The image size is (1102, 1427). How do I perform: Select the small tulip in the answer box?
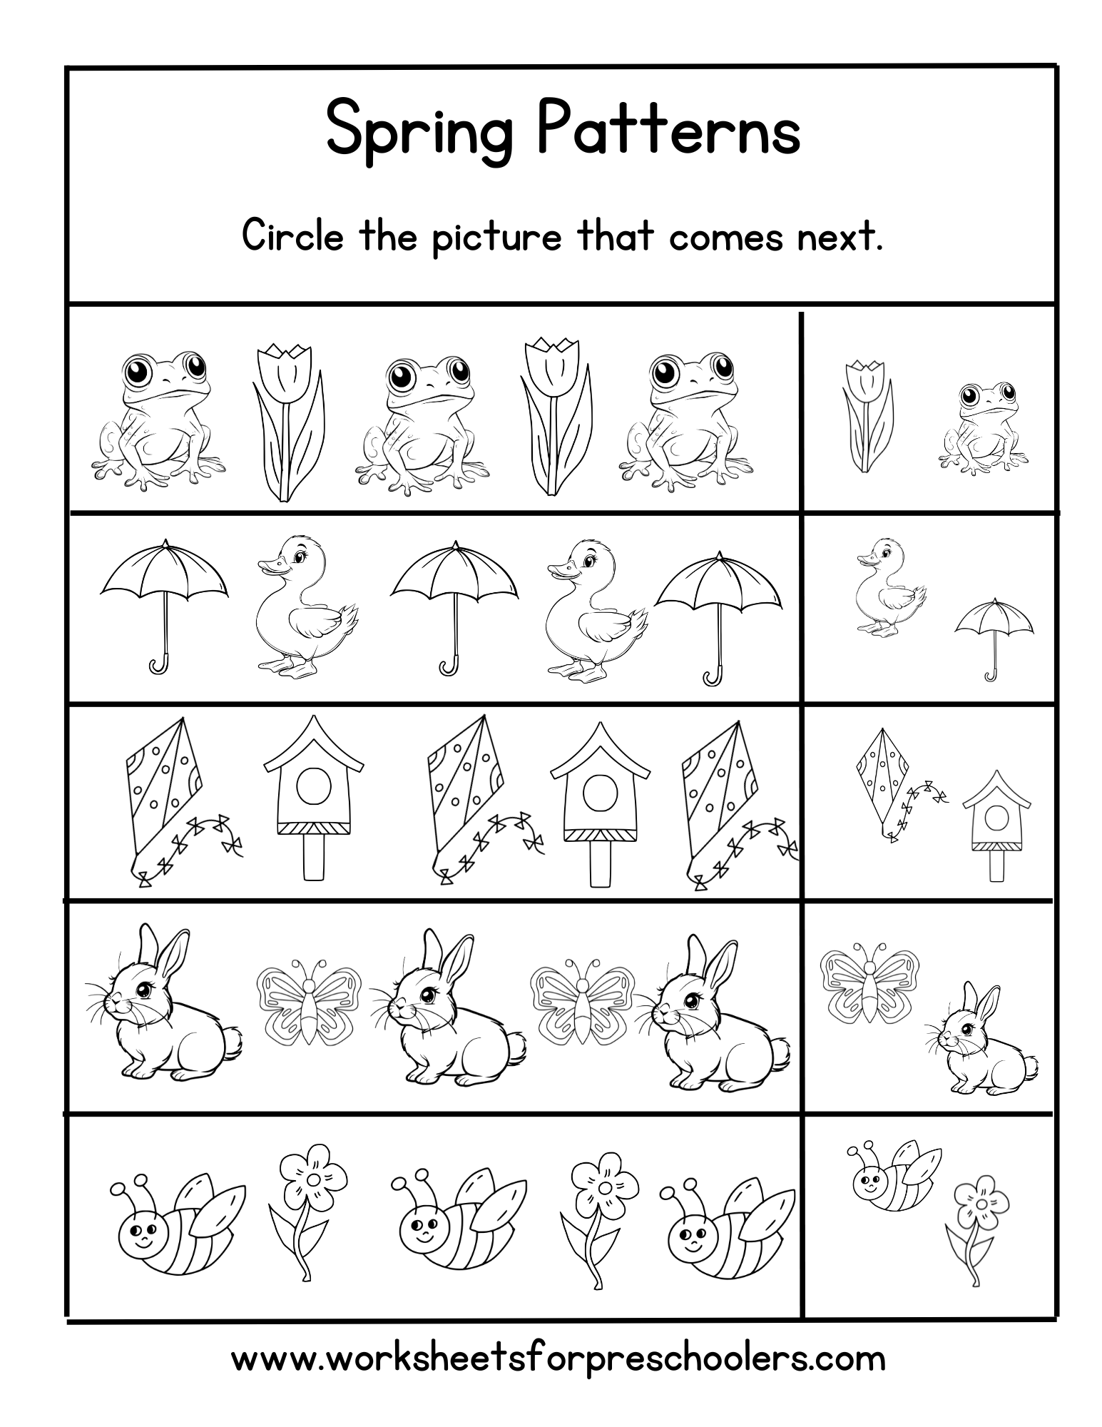[x=867, y=417]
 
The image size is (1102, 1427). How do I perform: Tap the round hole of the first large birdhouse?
[x=312, y=789]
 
